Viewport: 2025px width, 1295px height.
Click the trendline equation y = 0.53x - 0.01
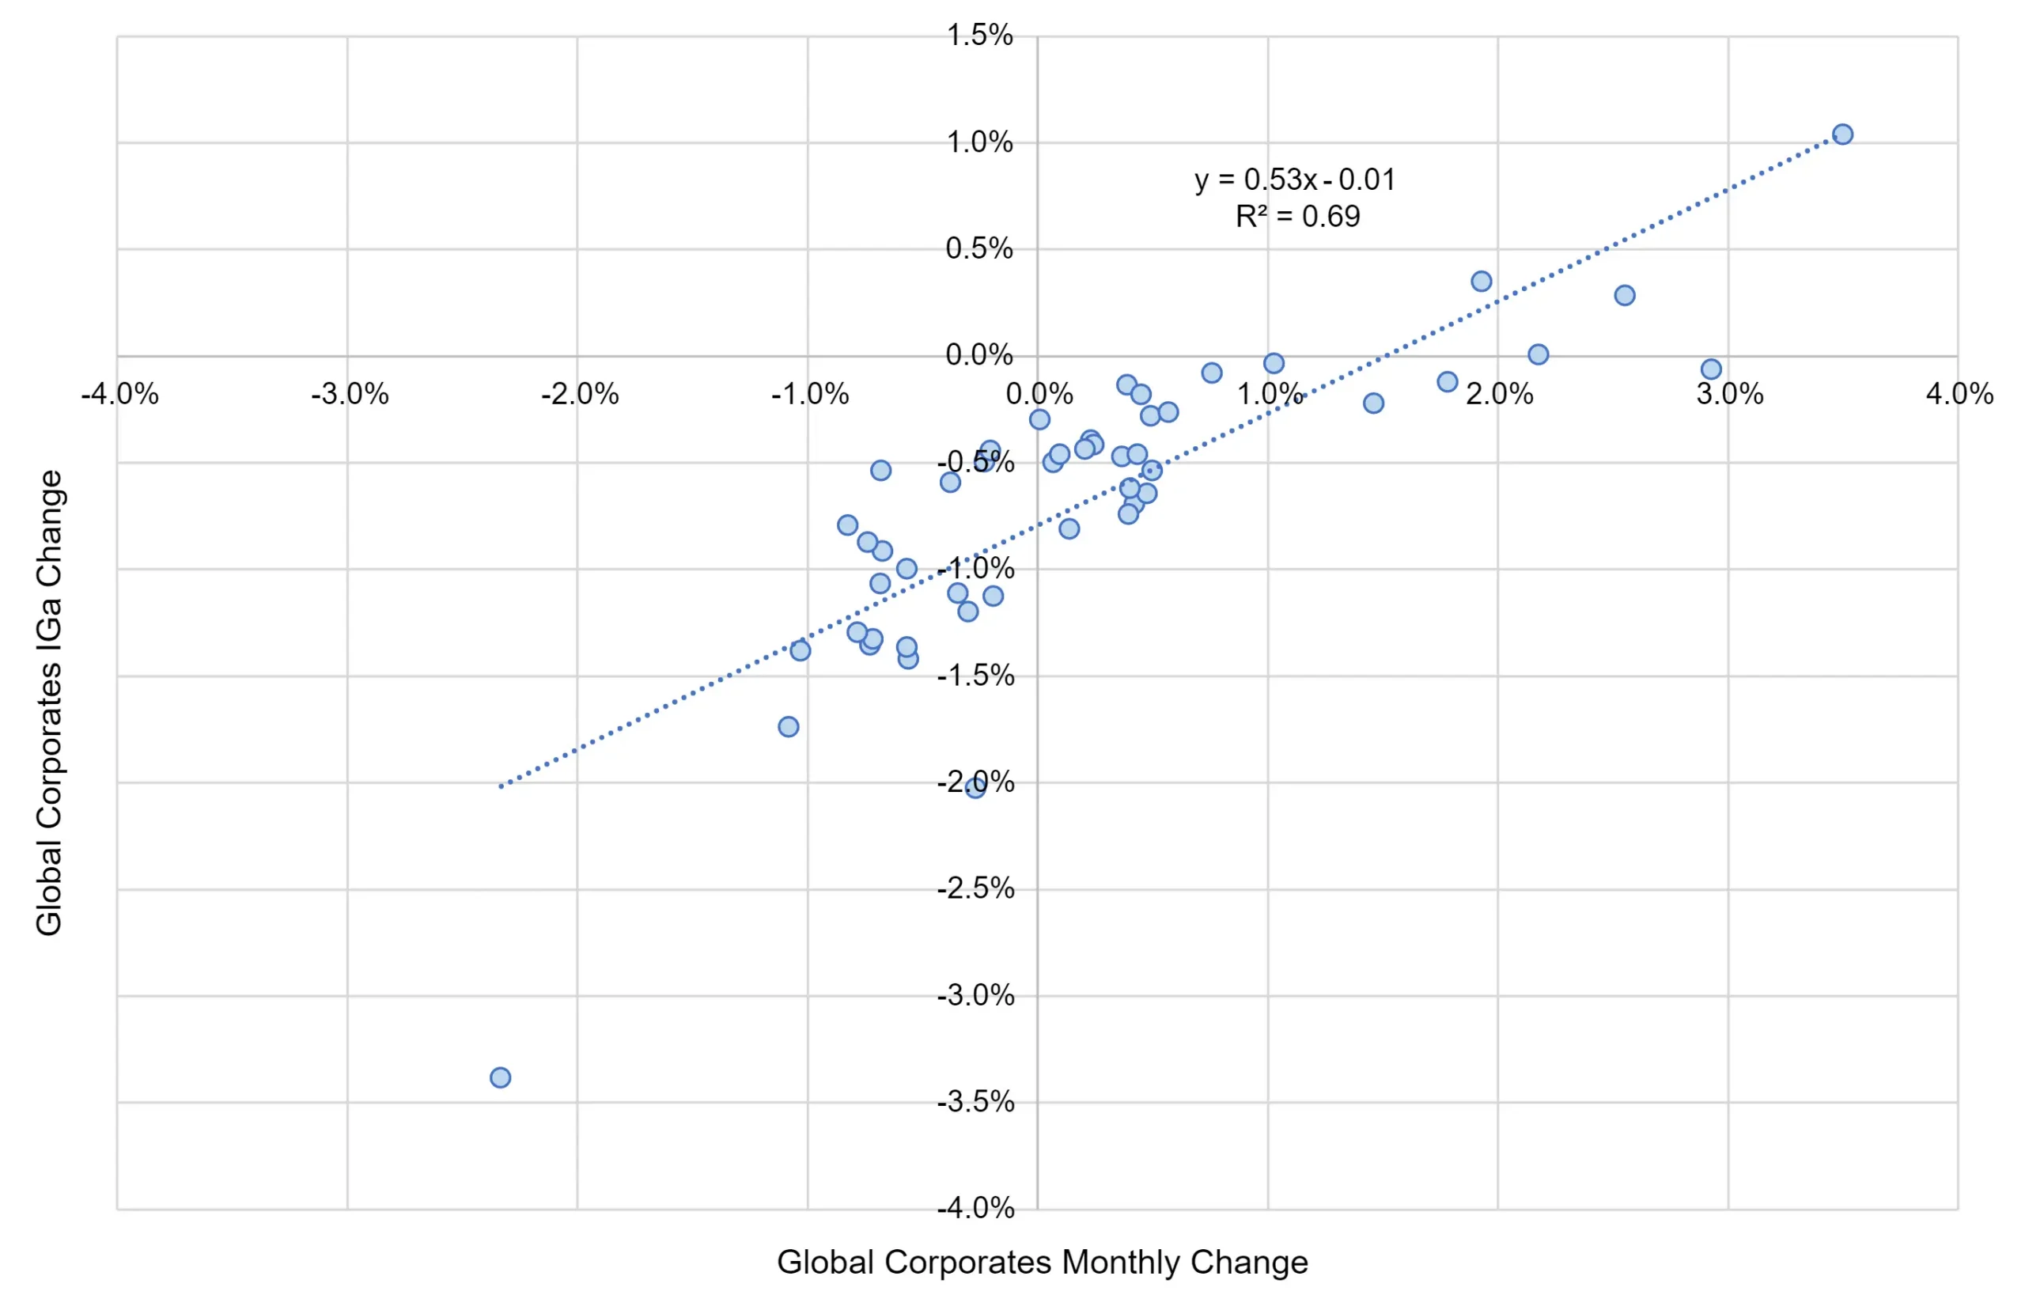[1294, 180]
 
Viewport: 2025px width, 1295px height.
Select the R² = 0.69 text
[1297, 217]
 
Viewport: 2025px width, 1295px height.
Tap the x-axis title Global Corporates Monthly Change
[1042, 1263]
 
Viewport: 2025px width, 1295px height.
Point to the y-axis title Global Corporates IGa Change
[49, 702]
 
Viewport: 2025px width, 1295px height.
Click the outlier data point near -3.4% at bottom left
[501, 1077]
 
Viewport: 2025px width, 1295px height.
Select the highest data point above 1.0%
[1842, 134]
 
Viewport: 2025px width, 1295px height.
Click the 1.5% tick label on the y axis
[980, 36]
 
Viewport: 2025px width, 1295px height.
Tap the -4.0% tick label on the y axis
[975, 1209]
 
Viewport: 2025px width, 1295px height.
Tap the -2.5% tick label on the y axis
[975, 888]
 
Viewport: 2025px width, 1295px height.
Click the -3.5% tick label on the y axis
[975, 1102]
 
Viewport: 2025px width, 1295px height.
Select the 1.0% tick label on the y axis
[980, 142]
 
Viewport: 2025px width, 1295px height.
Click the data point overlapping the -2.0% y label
[975, 788]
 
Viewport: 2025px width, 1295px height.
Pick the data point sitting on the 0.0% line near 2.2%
[1538, 354]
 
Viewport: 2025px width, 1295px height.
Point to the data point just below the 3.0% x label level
[1711, 369]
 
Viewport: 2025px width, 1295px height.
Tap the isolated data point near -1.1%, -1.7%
[788, 726]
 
